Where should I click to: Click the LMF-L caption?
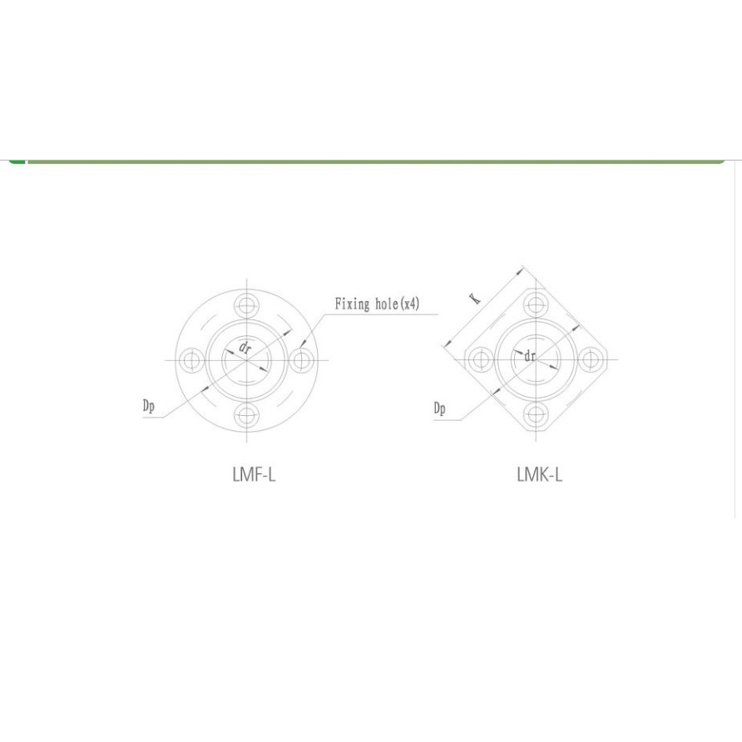point(254,474)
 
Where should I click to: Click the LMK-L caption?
point(540,474)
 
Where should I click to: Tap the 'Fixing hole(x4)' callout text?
point(377,304)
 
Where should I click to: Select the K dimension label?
point(475,299)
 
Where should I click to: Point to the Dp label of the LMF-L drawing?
point(149,407)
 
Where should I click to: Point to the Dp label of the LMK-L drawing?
point(439,408)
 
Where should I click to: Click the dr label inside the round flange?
point(245,349)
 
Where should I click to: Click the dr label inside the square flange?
point(530,356)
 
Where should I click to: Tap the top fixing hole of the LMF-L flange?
point(246,305)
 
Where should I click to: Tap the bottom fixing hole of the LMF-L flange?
point(246,415)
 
